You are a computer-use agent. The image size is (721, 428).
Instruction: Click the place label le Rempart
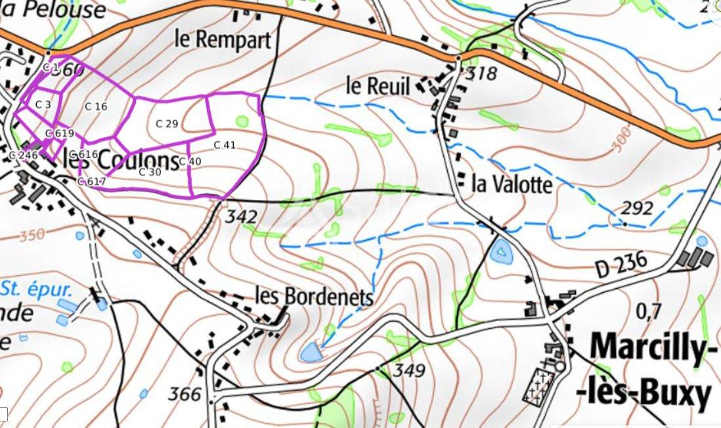click(x=222, y=39)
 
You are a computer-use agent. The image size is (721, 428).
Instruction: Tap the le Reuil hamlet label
click(x=378, y=85)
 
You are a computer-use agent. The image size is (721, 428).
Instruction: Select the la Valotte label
click(x=512, y=184)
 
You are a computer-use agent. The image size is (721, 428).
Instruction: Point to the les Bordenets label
click(x=313, y=297)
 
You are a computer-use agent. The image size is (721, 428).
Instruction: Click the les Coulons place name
click(x=121, y=160)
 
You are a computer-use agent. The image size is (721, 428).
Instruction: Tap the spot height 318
click(x=481, y=72)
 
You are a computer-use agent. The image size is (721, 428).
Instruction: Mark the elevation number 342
click(x=240, y=215)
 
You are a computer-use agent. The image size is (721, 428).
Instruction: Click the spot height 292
click(x=637, y=209)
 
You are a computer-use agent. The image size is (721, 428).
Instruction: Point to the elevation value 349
click(x=410, y=371)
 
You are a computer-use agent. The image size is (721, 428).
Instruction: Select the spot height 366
click(x=184, y=394)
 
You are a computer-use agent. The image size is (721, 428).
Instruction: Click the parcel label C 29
click(x=167, y=123)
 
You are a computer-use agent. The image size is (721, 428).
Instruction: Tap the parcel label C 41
click(x=225, y=145)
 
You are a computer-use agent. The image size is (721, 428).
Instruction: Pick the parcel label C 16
click(x=96, y=106)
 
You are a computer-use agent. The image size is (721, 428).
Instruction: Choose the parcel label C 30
click(x=150, y=172)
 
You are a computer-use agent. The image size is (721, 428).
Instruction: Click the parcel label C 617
click(x=91, y=182)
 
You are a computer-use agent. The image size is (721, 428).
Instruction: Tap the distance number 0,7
click(x=649, y=310)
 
